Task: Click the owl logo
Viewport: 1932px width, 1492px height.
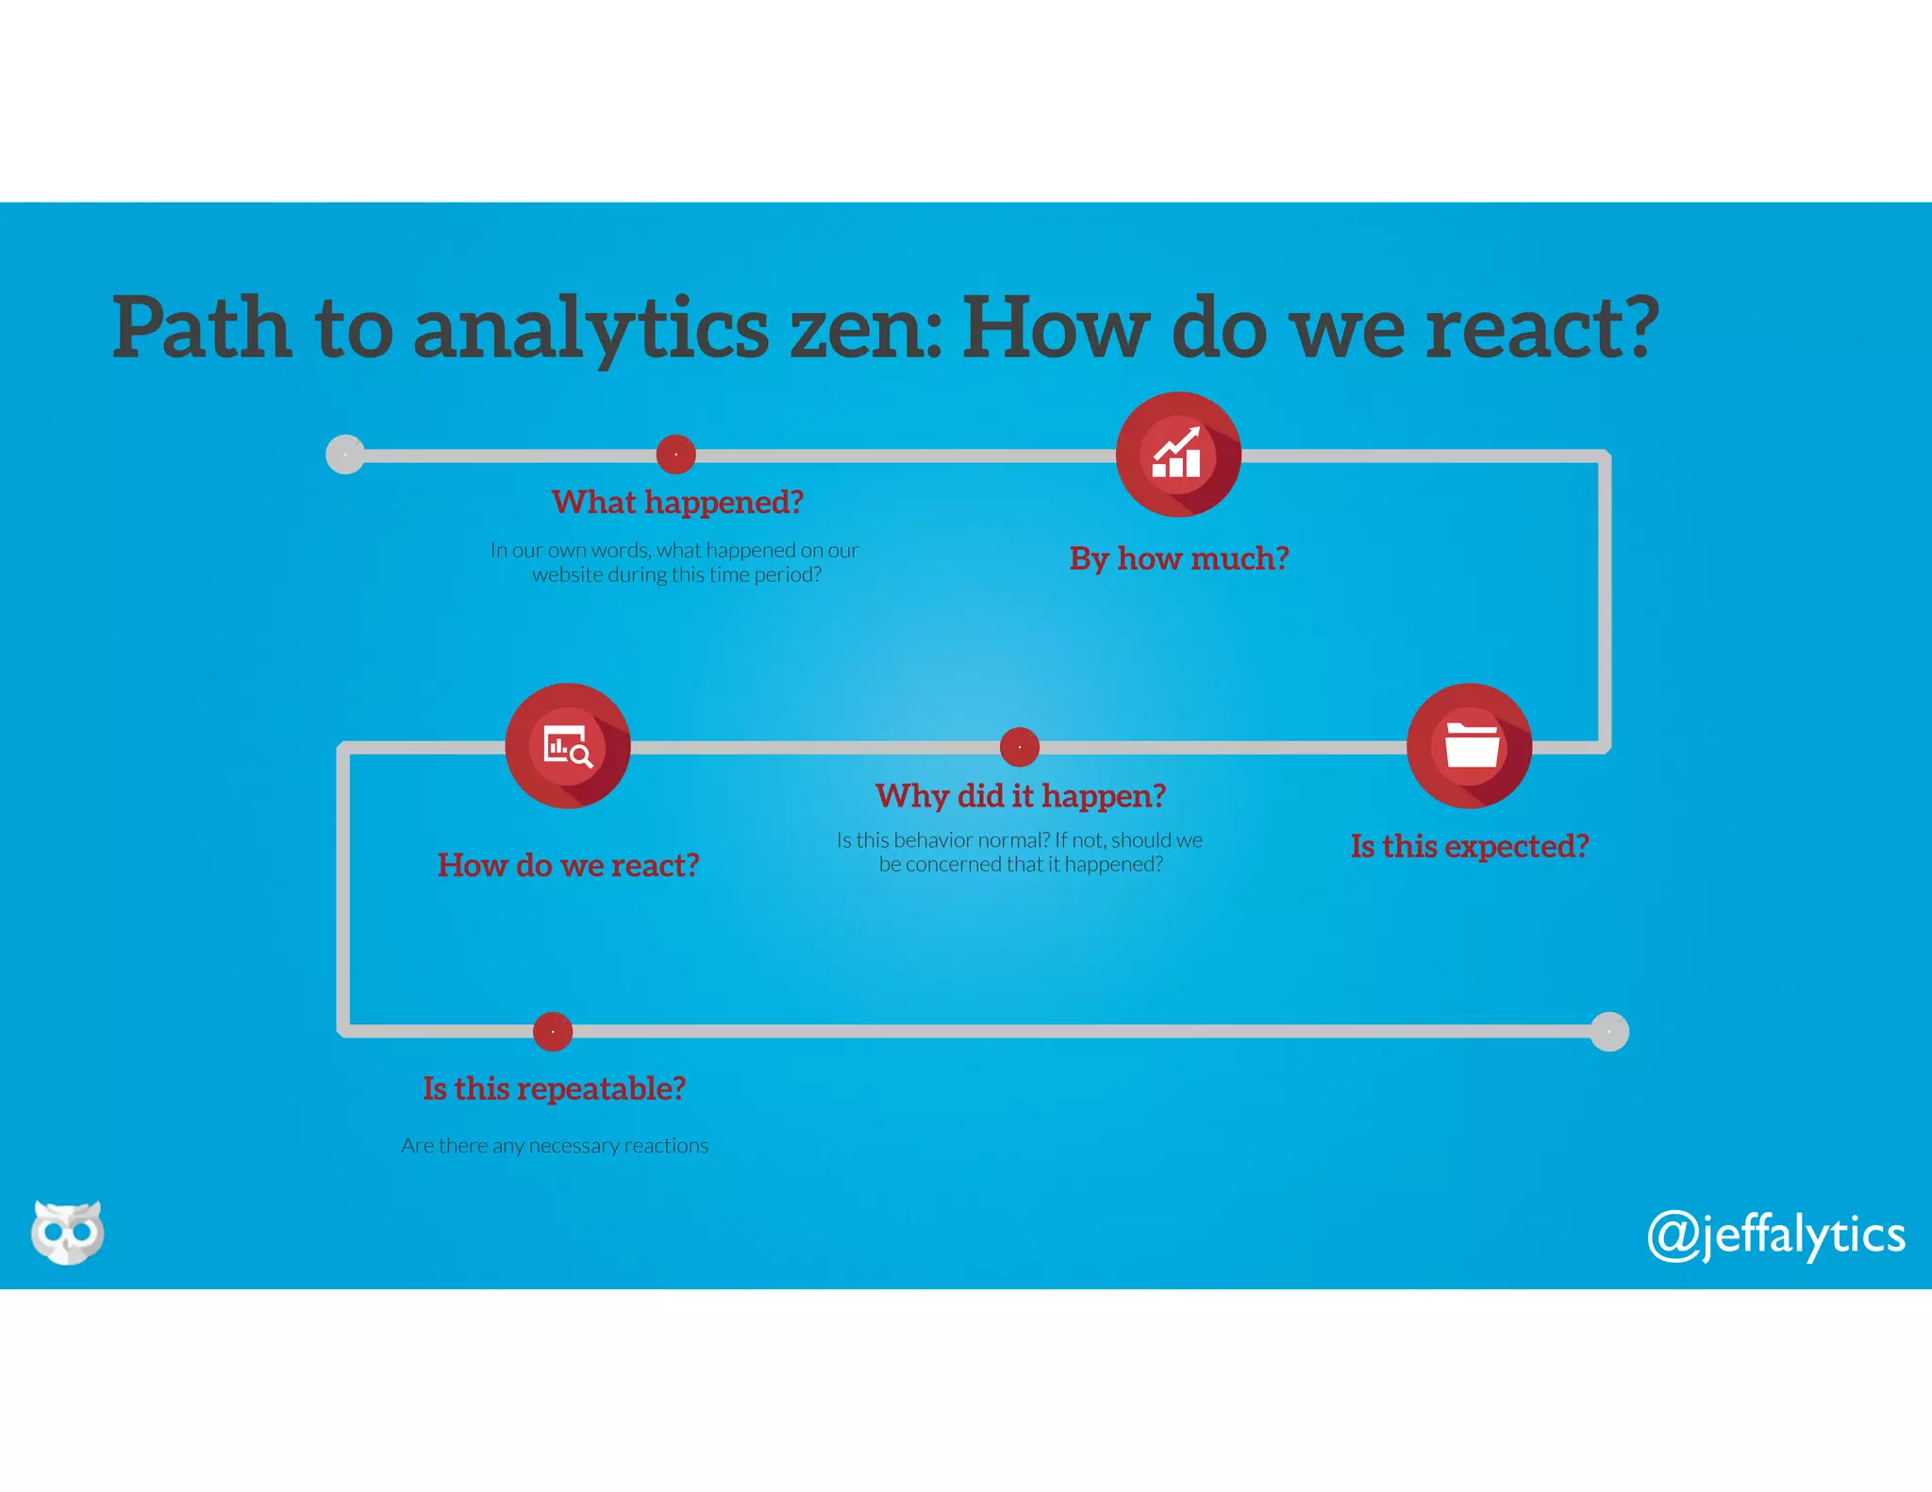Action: (x=67, y=1232)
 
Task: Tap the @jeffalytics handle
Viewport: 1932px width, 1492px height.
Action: (x=1775, y=1235)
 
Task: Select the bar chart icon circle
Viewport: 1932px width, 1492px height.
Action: (x=1178, y=455)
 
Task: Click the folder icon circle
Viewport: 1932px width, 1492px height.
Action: (x=1469, y=746)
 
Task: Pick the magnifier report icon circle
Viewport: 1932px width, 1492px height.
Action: (x=567, y=746)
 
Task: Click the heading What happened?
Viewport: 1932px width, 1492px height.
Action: (x=677, y=502)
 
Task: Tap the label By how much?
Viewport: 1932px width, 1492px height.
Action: (x=1178, y=558)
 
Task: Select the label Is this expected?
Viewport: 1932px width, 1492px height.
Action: (x=1469, y=846)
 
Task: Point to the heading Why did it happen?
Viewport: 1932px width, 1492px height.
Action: (x=1020, y=796)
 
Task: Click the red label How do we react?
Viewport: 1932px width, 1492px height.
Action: (x=568, y=865)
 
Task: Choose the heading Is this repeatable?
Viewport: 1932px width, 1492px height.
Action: (x=554, y=1088)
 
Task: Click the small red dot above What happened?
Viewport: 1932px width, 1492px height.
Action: (x=675, y=455)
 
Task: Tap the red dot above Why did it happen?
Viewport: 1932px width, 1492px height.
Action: (x=1020, y=747)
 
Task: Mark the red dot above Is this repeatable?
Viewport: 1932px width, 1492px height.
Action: (x=553, y=1032)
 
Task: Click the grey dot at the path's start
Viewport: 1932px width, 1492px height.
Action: (x=345, y=455)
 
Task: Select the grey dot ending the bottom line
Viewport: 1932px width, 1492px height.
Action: (x=1609, y=1032)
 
